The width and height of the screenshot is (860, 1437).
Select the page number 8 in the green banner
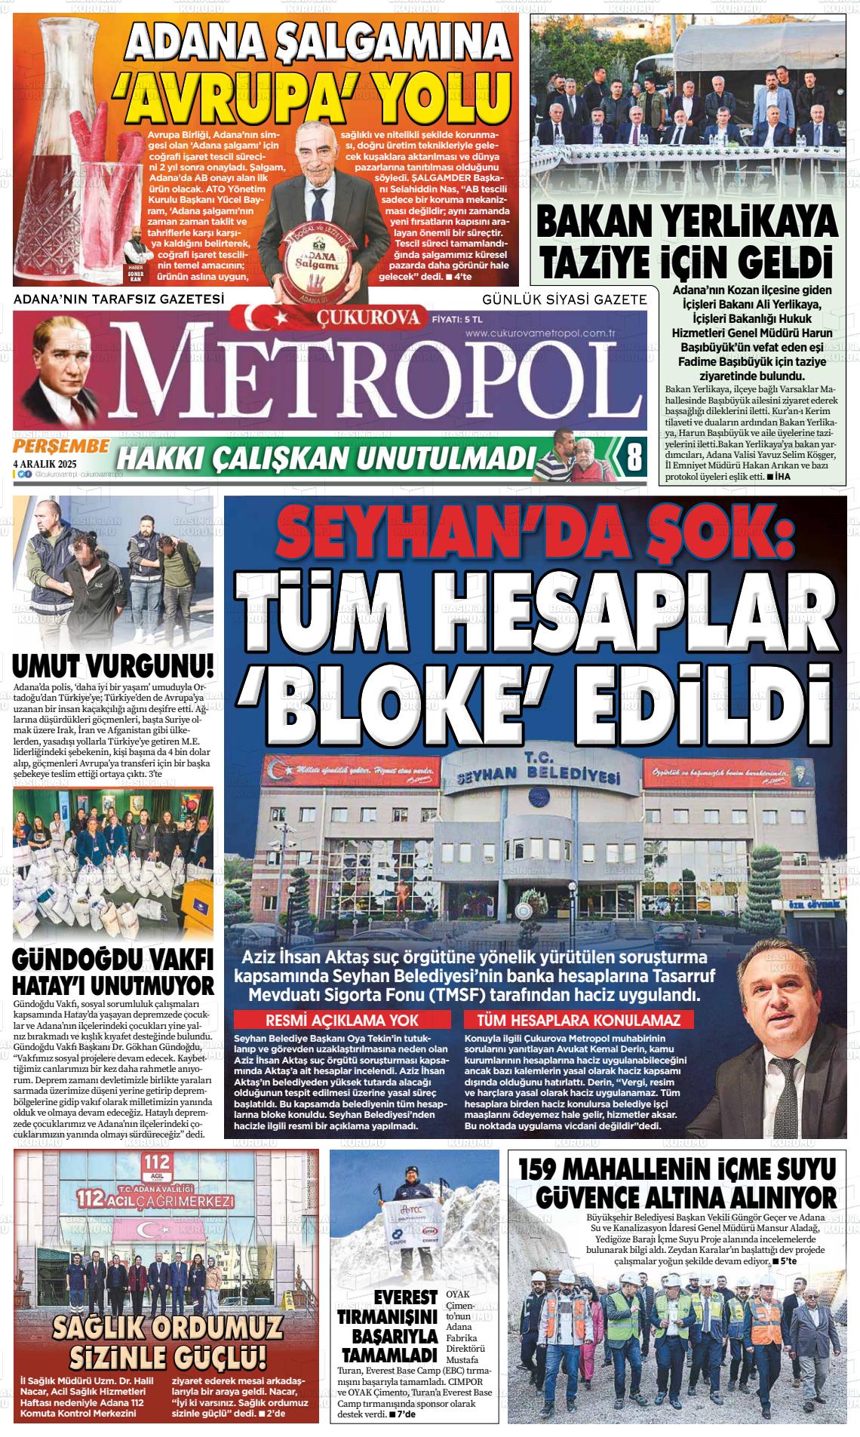click(634, 456)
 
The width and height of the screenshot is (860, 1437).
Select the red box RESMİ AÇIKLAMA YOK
click(343, 1021)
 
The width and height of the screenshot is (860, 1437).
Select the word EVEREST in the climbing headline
click(407, 1339)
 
